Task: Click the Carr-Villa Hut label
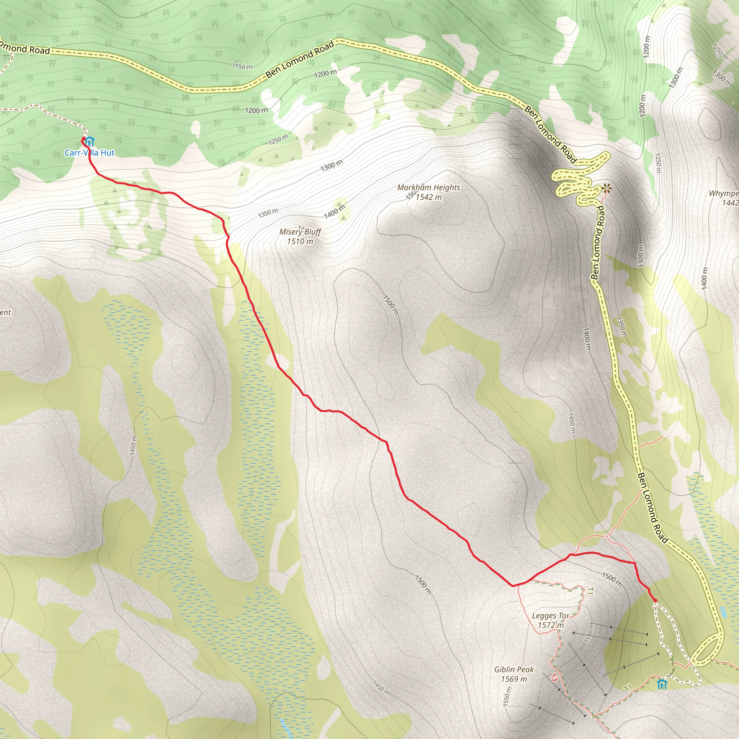click(x=89, y=153)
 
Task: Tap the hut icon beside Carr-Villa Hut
click(x=89, y=142)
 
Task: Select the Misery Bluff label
click(x=300, y=232)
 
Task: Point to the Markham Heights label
click(x=428, y=187)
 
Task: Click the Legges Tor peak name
click(x=551, y=616)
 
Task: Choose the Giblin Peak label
click(x=514, y=669)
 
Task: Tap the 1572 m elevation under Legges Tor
click(x=551, y=625)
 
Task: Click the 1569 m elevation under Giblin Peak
click(x=514, y=679)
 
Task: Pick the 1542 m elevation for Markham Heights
click(x=428, y=197)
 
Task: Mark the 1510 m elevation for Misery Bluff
click(x=300, y=241)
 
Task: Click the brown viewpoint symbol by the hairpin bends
click(x=606, y=188)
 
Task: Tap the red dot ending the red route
click(x=655, y=601)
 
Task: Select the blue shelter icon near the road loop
click(x=662, y=684)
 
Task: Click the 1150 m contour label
click(x=242, y=66)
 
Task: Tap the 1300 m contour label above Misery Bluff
click(x=331, y=165)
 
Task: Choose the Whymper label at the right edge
click(x=724, y=193)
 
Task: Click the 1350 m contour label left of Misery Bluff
click(x=268, y=213)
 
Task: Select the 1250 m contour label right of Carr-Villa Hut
click(x=278, y=140)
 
